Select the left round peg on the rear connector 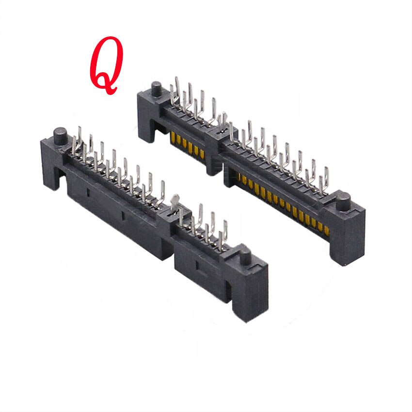tap(156, 89)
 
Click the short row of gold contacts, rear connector tap(187, 146)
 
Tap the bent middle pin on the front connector tap(175, 199)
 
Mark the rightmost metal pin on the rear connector tap(326, 177)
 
